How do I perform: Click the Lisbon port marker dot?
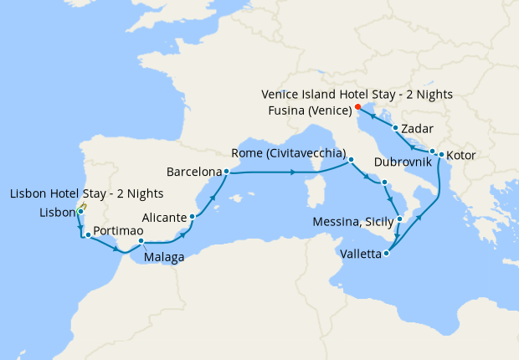click(80, 212)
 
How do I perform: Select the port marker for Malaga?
click(141, 242)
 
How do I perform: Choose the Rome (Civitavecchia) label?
click(289, 153)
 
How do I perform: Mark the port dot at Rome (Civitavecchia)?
click(351, 159)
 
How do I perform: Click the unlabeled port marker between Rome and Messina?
click(383, 183)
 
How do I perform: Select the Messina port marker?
click(399, 219)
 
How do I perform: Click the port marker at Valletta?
click(386, 253)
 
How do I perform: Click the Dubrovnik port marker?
click(433, 152)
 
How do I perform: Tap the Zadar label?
click(417, 129)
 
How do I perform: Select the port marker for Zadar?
click(395, 128)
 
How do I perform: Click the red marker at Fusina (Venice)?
click(357, 107)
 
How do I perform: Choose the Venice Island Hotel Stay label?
click(356, 95)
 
